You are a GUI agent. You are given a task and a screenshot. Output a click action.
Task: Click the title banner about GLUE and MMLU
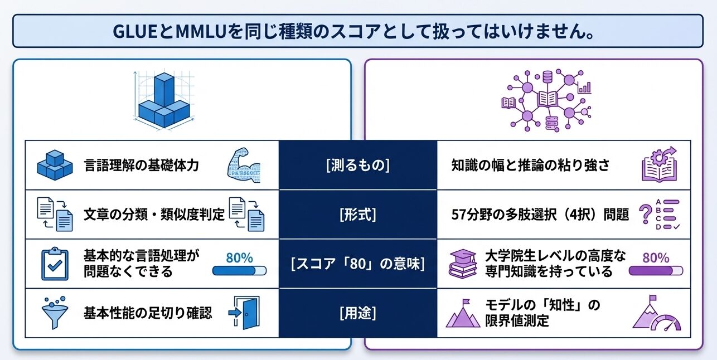click(x=358, y=31)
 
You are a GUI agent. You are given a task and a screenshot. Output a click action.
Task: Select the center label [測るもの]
click(x=357, y=166)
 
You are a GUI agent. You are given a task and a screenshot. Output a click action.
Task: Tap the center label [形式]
click(x=357, y=215)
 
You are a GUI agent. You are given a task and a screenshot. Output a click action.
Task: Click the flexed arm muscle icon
click(x=244, y=165)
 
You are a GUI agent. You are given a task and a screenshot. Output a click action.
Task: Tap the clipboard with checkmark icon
click(x=55, y=264)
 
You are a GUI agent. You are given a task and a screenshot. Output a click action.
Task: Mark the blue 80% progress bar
click(x=239, y=271)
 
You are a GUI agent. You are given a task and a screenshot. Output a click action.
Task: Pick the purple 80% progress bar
click(x=656, y=271)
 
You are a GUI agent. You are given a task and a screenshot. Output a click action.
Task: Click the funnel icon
click(x=54, y=313)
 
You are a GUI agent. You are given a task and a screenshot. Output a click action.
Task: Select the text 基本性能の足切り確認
click(x=148, y=313)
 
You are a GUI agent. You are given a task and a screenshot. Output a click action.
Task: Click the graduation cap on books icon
click(x=463, y=264)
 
